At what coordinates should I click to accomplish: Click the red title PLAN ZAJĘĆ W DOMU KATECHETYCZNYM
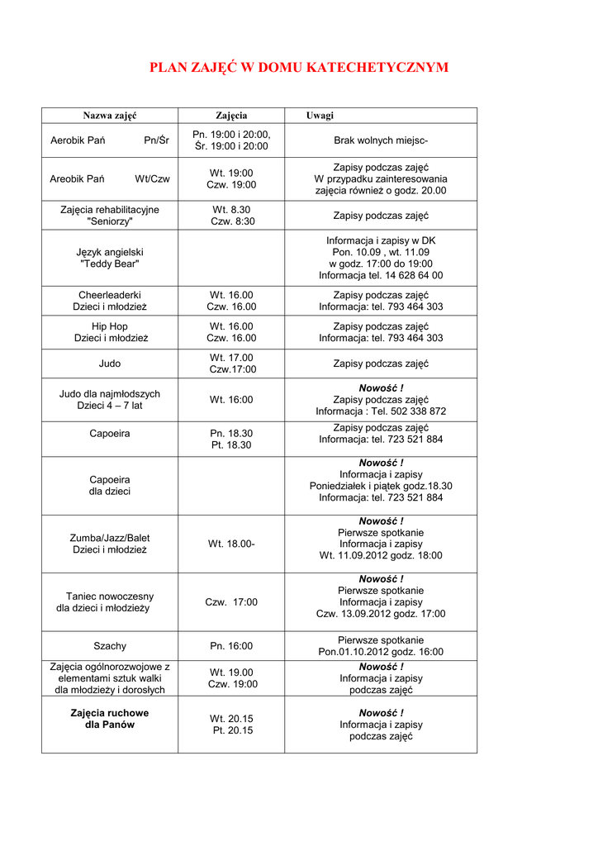tap(299, 68)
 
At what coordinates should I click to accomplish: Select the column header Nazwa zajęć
tap(110, 116)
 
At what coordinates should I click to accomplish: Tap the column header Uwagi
tap(320, 116)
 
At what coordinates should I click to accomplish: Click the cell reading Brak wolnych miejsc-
tap(381, 140)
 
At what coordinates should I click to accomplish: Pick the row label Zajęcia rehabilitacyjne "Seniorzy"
tap(110, 216)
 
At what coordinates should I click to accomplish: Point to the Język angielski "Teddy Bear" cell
tap(110, 258)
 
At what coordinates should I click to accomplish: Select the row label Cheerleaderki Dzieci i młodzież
tap(110, 301)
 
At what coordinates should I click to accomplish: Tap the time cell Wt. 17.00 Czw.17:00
tap(231, 364)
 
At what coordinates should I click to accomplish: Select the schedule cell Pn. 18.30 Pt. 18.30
tap(231, 439)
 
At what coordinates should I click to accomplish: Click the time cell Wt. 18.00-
tap(231, 544)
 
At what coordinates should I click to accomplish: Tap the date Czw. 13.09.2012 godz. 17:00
tap(381, 614)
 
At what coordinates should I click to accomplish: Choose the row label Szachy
tap(110, 646)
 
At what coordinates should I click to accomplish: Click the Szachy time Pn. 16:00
tap(231, 646)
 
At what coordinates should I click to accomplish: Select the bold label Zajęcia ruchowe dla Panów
tap(110, 719)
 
